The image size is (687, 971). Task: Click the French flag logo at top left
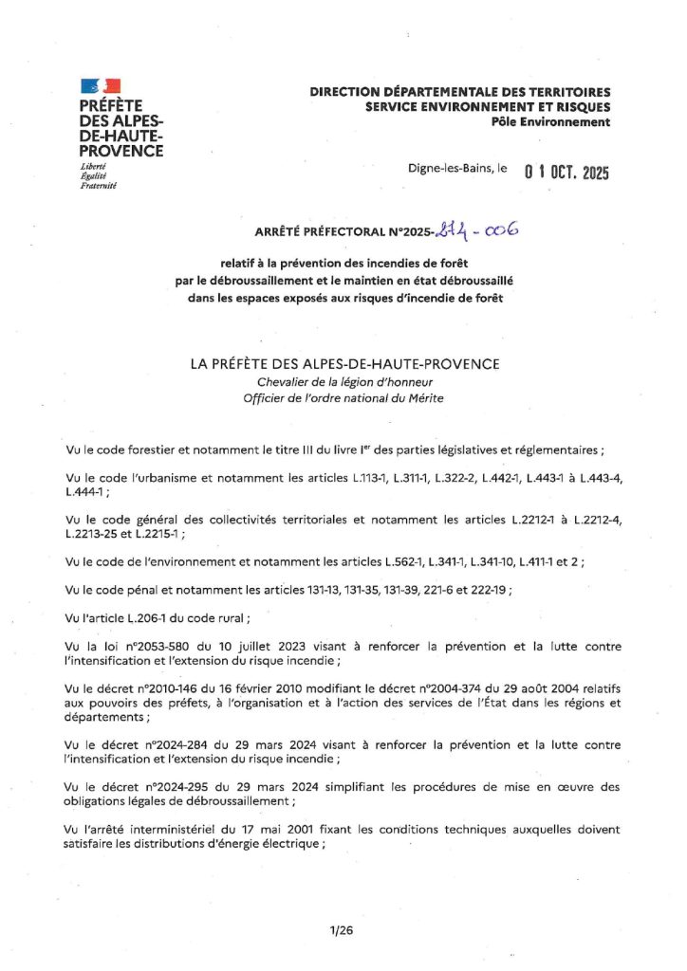(100, 88)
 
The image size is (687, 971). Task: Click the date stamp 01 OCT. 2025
(566, 173)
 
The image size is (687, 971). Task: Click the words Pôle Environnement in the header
(550, 121)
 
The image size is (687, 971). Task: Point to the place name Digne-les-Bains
(450, 168)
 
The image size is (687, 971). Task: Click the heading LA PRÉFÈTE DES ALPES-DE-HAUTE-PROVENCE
(343, 364)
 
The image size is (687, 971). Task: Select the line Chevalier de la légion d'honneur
(343, 382)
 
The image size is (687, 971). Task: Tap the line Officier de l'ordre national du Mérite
(343, 398)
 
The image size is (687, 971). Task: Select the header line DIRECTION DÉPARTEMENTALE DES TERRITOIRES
(460, 92)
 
